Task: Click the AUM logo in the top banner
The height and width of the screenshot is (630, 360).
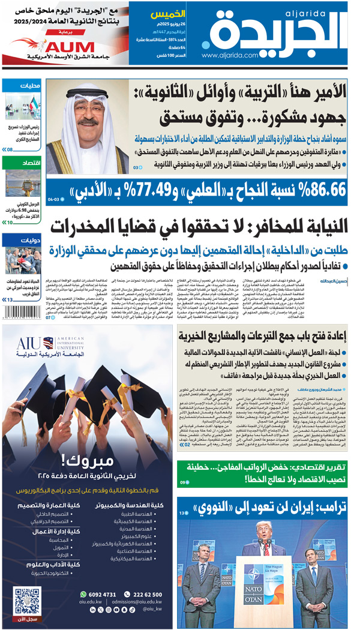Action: click(67, 47)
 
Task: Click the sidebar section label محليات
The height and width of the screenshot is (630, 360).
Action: click(29, 86)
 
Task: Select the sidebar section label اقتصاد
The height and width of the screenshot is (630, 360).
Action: click(29, 163)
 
